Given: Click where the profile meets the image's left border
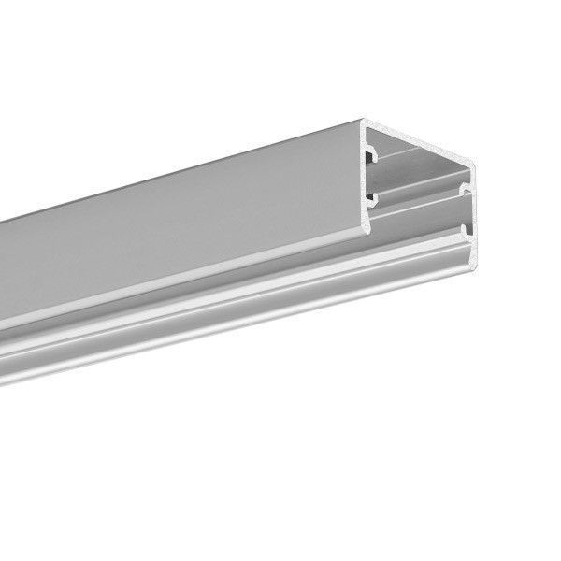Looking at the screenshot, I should (3, 280).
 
